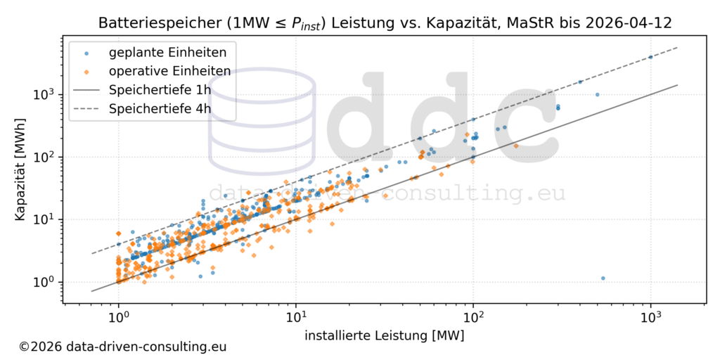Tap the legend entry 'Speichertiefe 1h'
tap(159, 90)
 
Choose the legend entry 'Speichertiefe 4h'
tap(159, 108)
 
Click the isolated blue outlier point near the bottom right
tap(603, 278)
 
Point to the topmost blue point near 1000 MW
tap(650, 57)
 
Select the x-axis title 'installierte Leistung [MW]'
tap(384, 335)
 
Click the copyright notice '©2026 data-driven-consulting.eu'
tap(122, 347)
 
